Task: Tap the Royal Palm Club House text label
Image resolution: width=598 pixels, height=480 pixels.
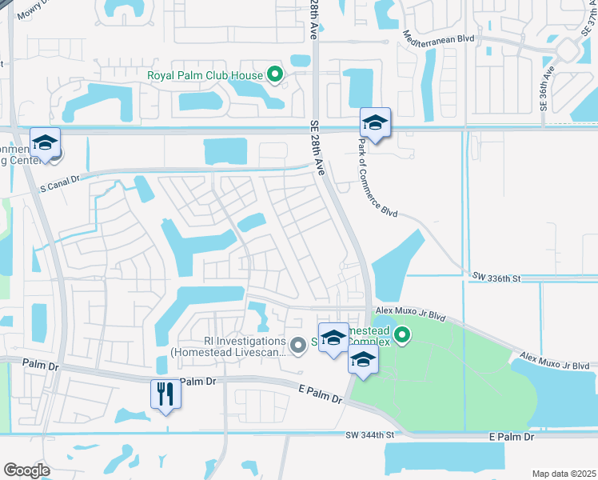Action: click(x=205, y=76)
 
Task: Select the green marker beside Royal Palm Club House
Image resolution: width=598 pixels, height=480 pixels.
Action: click(x=276, y=76)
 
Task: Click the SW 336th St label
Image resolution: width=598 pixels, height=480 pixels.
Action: click(x=496, y=278)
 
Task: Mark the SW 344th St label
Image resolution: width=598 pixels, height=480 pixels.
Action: click(x=371, y=435)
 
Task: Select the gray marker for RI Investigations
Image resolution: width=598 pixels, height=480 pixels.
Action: click(x=298, y=346)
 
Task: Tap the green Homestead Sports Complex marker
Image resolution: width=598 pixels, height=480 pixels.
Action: click(x=403, y=336)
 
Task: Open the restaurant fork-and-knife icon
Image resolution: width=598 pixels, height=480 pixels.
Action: click(x=165, y=394)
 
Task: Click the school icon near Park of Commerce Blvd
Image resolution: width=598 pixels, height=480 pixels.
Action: click(x=374, y=122)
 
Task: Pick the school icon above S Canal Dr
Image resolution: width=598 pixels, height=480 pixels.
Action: click(x=45, y=142)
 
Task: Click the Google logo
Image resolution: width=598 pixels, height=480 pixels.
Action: click(x=26, y=470)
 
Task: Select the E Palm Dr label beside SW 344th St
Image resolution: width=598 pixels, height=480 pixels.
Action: click(x=511, y=437)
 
